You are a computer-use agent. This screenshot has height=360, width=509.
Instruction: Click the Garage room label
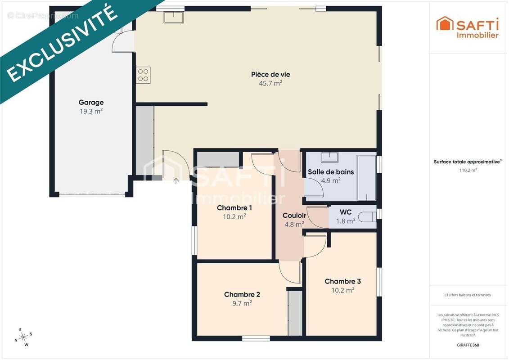pyautogui.click(x=91, y=103)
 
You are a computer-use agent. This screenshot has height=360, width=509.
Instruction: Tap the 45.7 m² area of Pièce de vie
pyautogui.click(x=270, y=83)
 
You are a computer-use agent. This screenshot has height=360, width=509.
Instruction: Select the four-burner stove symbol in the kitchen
pyautogui.click(x=143, y=75)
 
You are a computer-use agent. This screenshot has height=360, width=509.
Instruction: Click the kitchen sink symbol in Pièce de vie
pyautogui.click(x=174, y=17)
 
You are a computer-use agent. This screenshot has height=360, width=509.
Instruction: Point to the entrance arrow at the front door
pyautogui.click(x=176, y=181)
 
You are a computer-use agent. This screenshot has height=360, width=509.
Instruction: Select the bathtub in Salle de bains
pyautogui.click(x=367, y=178)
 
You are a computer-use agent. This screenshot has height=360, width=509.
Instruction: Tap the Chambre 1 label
pyautogui.click(x=234, y=208)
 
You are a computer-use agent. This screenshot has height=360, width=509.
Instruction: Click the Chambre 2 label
pyautogui.click(x=242, y=294)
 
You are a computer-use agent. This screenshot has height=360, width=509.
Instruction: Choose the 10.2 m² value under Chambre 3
pyautogui.click(x=343, y=290)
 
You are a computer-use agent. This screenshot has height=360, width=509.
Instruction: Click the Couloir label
pyautogui.click(x=294, y=216)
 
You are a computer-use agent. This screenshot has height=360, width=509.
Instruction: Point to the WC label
pyautogui.click(x=346, y=212)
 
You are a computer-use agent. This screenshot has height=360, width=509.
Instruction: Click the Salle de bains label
pyautogui.click(x=331, y=172)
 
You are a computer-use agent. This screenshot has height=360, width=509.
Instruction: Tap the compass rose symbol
pyautogui.click(x=23, y=337)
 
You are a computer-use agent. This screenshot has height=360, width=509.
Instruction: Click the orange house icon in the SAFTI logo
pyautogui.click(x=445, y=24)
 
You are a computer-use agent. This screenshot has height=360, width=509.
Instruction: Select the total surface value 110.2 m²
pyautogui.click(x=468, y=170)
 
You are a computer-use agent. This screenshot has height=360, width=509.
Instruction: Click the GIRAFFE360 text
pyautogui.click(x=468, y=345)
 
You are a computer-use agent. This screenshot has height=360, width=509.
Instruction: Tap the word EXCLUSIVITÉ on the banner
pyautogui.click(x=62, y=43)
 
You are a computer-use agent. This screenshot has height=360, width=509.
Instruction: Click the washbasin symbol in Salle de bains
pyautogui.click(x=329, y=157)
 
